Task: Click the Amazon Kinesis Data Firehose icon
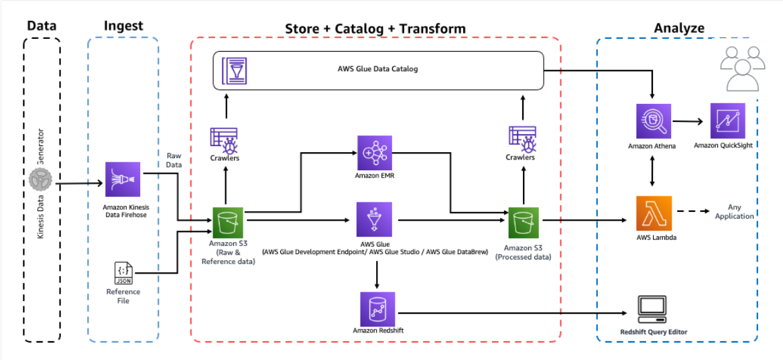tap(123, 179)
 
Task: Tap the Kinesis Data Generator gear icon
tap(42, 181)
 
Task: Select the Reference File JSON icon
tap(123, 273)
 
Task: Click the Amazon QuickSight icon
tap(727, 121)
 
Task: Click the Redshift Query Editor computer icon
tap(653, 308)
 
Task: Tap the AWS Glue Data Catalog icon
tap(233, 70)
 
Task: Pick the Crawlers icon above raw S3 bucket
tap(225, 139)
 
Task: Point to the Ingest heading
tap(123, 26)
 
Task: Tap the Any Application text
tap(734, 212)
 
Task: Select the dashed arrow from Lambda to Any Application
tap(697, 211)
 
